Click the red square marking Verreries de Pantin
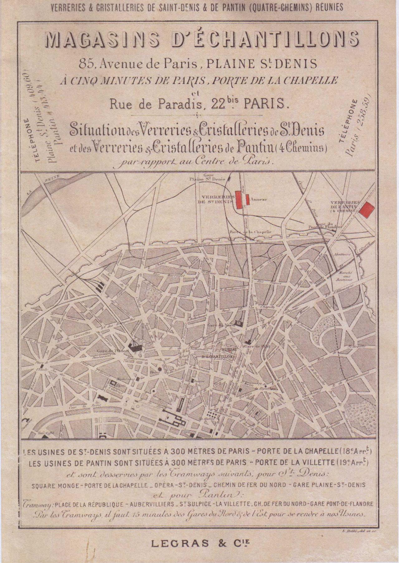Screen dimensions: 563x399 point(367,208)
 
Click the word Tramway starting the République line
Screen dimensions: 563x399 point(34,503)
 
